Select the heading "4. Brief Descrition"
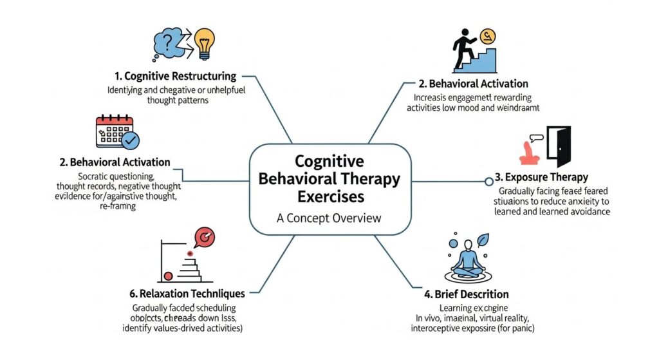coord(467,294)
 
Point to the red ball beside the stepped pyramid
coord(169,276)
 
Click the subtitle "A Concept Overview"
coord(329,218)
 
